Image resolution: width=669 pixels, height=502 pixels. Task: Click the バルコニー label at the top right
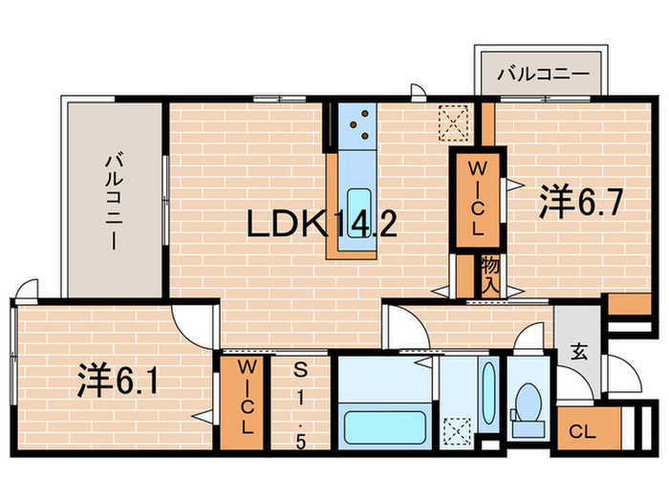(541, 73)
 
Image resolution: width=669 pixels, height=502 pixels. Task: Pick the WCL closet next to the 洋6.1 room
(246, 399)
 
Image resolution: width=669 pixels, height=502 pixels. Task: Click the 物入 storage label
(489, 274)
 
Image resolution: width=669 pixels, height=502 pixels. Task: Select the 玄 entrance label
(578, 351)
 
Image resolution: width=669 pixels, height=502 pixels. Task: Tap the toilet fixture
(527, 404)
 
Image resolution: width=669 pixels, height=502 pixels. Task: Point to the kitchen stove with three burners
(360, 121)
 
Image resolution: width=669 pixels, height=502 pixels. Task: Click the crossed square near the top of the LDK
(452, 121)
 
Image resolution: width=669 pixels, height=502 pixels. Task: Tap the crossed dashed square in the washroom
(456, 432)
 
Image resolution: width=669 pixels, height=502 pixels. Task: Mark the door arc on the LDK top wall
(417, 93)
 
